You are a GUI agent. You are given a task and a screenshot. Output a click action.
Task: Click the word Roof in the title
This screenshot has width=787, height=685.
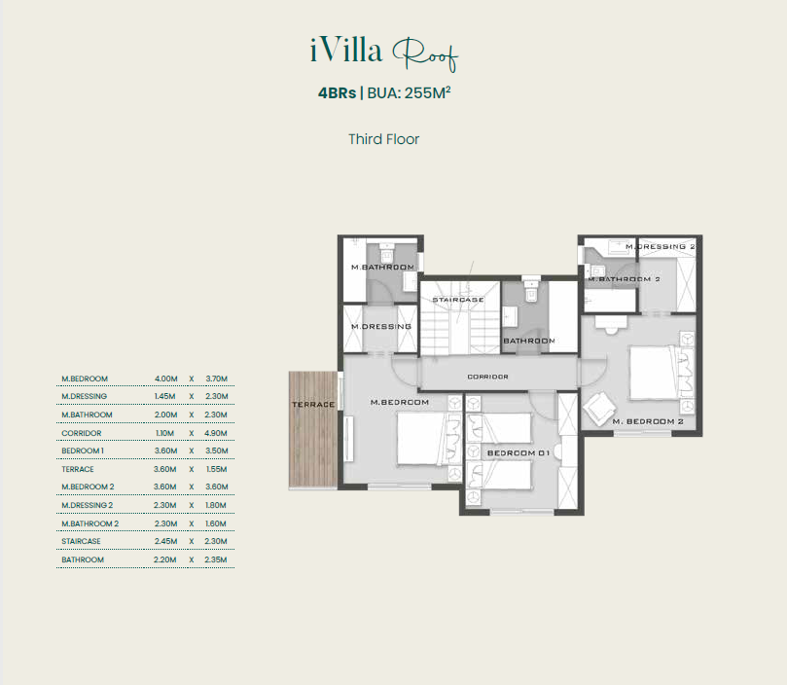pos(424,54)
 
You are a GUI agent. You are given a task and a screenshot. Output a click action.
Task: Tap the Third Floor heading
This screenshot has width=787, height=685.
pos(384,139)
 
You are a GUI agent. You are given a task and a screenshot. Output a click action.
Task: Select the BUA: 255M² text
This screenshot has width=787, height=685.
pos(409,92)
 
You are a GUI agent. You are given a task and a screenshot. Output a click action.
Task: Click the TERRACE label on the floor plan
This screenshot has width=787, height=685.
pos(313,404)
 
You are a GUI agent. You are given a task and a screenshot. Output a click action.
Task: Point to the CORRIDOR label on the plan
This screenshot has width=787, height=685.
pos(487,377)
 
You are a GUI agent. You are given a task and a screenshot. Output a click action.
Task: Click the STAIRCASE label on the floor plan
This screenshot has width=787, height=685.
pos(458,300)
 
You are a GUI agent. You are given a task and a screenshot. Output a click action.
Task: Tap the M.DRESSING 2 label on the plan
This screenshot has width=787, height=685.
pos(661,246)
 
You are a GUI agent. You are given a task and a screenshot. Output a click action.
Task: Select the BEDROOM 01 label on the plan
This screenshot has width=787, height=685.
pos(519,453)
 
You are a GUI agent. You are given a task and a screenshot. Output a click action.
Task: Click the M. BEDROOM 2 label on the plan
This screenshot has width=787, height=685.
pos(648,421)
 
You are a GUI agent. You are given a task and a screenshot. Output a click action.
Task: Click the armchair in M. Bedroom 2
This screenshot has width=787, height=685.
pos(599,409)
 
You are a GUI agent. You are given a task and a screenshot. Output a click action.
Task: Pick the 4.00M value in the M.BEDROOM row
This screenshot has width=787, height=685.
pos(166,379)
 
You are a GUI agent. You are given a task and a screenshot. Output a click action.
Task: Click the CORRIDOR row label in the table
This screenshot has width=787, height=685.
pos(82,433)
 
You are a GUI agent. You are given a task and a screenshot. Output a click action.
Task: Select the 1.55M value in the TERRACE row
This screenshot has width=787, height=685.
pos(216,469)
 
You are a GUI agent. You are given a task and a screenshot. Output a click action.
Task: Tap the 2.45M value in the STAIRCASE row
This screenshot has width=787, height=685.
pos(165,541)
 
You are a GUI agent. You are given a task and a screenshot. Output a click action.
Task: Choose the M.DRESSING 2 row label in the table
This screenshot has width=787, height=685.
pos(88,505)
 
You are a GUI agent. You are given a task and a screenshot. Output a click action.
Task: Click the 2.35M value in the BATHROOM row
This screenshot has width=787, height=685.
pos(216,559)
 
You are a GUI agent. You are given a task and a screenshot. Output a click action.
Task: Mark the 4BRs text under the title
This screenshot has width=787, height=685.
pos(338,93)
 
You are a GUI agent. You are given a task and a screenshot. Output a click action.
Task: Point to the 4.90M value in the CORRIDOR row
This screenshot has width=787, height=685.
pos(216,433)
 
